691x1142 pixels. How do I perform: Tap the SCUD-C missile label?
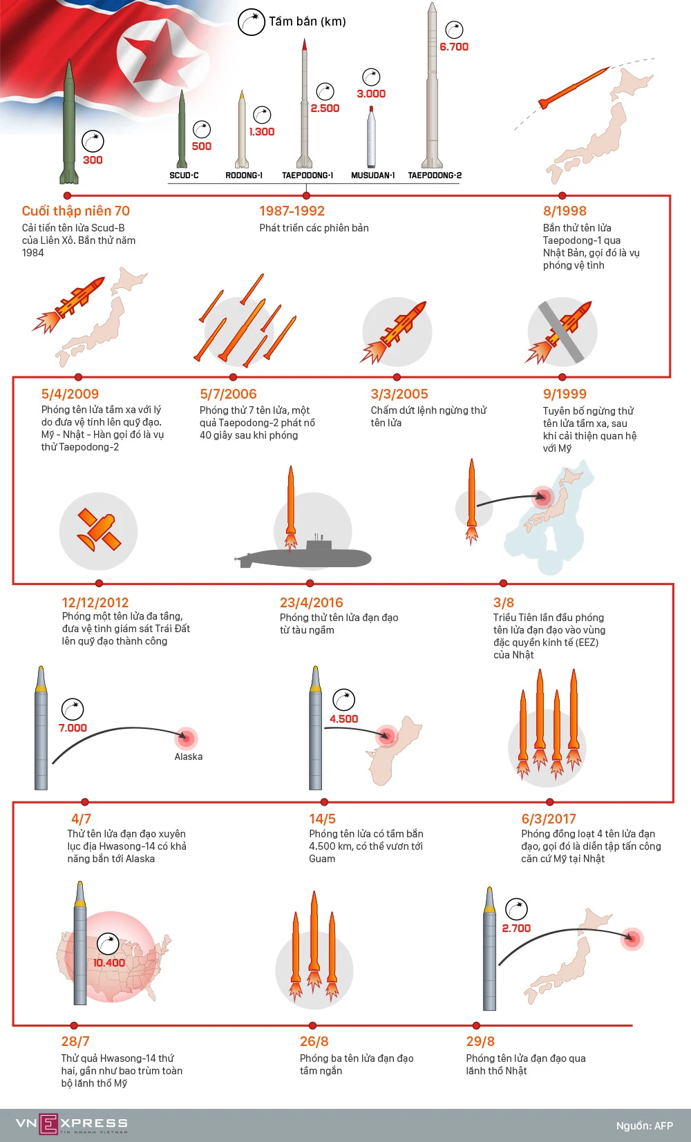click(184, 175)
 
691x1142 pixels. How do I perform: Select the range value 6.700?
click(454, 47)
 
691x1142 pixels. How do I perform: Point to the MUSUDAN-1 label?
click(372, 175)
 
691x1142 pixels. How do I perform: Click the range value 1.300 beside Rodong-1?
click(262, 131)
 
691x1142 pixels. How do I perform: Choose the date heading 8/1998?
click(565, 211)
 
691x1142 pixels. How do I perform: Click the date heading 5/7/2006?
click(228, 394)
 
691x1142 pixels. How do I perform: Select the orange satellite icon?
click(99, 530)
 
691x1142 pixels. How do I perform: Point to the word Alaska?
click(188, 756)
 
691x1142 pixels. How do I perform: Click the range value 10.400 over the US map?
click(109, 962)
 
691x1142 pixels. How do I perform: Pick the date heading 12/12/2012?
click(95, 602)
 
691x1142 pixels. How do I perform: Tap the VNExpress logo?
click(71, 1123)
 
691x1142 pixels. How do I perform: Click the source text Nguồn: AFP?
click(644, 1125)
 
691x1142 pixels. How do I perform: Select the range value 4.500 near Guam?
click(343, 719)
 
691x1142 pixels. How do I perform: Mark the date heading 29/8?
click(480, 1041)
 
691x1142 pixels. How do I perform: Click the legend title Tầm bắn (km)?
click(307, 21)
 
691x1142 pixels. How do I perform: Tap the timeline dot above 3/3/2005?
click(397, 377)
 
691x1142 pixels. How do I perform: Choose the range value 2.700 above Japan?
click(516, 929)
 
